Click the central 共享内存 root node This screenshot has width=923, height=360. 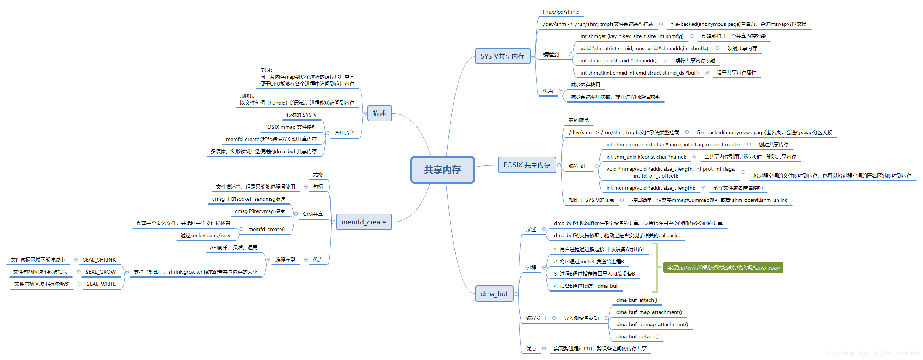pos(443,170)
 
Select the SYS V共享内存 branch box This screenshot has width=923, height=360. pos(502,56)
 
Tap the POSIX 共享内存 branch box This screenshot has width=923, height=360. pos(527,165)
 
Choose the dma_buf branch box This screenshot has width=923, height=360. pos(494,294)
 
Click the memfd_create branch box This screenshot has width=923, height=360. pos(364,222)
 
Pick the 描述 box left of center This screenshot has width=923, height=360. pos(379,113)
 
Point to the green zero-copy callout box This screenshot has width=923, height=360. pos(723,268)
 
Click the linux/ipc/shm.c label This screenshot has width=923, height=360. pos(561,12)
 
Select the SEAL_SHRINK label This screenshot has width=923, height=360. pos(99,260)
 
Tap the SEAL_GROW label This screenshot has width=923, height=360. pos(100,272)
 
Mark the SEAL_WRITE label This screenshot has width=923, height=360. pos(101,284)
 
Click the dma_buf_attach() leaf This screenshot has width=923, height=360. pos(637,300)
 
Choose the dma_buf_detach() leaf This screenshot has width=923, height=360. pos(637,337)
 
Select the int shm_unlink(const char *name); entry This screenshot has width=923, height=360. pos(646,157)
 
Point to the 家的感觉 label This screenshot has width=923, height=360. pos(578,120)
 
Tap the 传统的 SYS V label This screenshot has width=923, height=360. pos(301,115)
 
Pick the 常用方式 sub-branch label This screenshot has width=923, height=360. pos(344,133)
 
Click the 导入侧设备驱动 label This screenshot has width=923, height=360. pos(581,318)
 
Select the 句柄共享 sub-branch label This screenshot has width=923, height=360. pos(313,214)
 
